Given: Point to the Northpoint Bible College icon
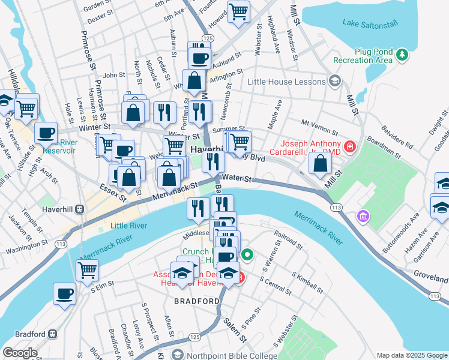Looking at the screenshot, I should tap(176, 356).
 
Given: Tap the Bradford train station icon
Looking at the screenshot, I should tap(53, 334).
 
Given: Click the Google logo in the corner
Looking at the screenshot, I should tap(20, 353).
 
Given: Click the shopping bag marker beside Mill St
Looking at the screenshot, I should tap(321, 163).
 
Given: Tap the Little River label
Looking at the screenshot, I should tap(127, 226).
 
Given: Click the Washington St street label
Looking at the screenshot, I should tap(27, 247).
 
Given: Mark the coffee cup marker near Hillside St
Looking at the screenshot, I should tap(46, 133).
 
